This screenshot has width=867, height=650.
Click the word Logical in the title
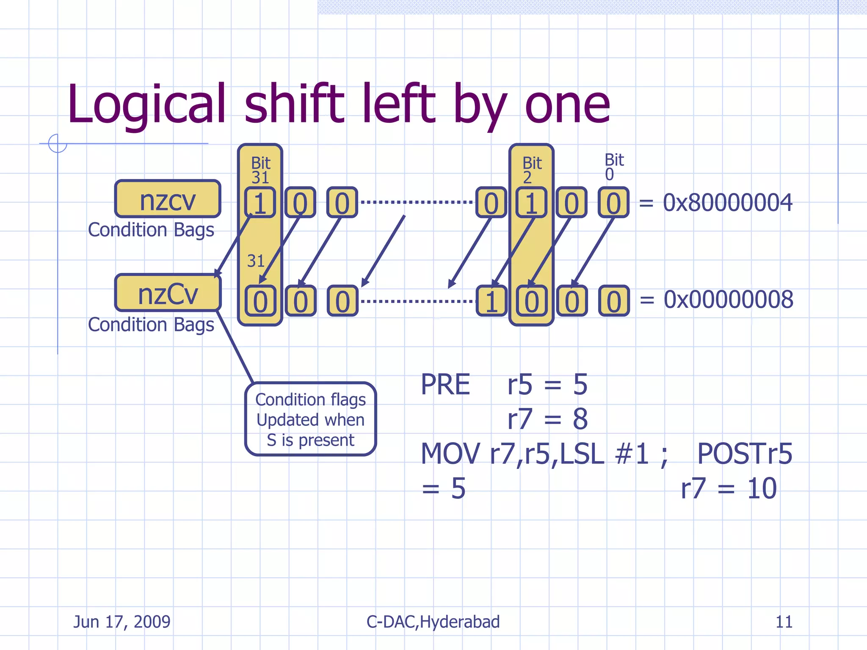coord(146,105)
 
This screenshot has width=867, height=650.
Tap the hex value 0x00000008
coord(728,300)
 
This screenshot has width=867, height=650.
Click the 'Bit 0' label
coord(614,167)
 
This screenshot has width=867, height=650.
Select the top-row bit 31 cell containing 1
coord(260,203)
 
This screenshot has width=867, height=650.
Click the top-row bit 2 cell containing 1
coord(531,203)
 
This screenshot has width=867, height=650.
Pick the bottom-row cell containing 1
coord(491,301)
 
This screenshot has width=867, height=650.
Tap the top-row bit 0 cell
coord(613,203)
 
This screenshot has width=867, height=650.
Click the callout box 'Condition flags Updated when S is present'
coord(310,419)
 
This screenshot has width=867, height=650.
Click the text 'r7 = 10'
coord(729,488)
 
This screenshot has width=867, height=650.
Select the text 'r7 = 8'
coord(547,419)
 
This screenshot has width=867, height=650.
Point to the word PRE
coord(445,385)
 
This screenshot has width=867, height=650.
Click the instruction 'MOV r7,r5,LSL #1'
coord(544,454)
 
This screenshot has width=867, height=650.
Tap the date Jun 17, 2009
coord(122,622)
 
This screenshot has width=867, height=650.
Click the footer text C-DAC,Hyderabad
coord(433,622)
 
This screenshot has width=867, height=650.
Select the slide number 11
coord(784,622)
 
